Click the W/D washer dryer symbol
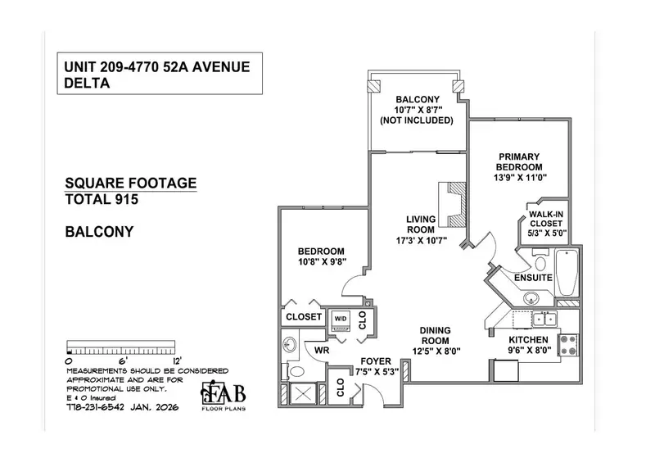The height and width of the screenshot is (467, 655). click(x=339, y=320)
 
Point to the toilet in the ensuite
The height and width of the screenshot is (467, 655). click(x=540, y=261)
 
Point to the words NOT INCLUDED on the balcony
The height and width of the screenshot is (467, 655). click(x=416, y=120)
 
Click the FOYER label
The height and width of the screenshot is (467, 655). click(x=377, y=361)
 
